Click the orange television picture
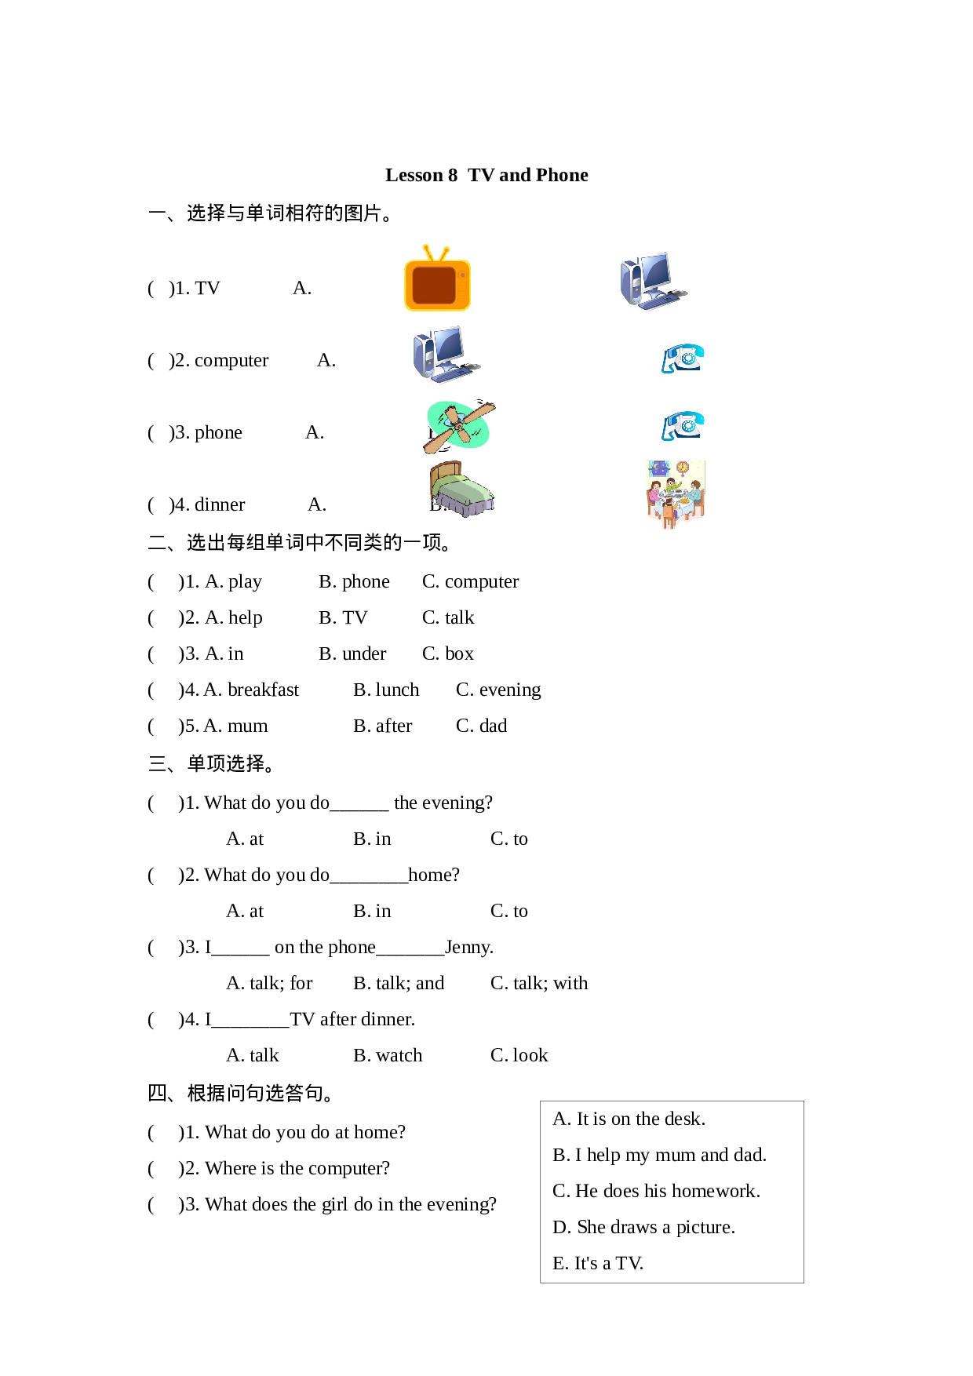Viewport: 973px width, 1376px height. click(x=437, y=278)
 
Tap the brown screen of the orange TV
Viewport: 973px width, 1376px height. click(x=434, y=285)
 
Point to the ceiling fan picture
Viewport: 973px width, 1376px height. click(x=459, y=427)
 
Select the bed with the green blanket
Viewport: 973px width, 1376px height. click(x=462, y=490)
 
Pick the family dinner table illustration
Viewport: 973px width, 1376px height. click(x=675, y=495)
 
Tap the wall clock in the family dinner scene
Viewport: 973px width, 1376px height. click(x=683, y=468)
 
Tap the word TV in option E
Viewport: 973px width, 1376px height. click(x=629, y=1263)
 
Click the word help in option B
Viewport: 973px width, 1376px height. click(x=603, y=1155)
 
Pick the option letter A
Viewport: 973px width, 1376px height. click(x=560, y=1119)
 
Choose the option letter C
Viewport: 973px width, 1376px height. click(x=560, y=1191)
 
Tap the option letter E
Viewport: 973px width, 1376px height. click(x=559, y=1263)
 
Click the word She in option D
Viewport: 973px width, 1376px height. click(x=591, y=1227)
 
